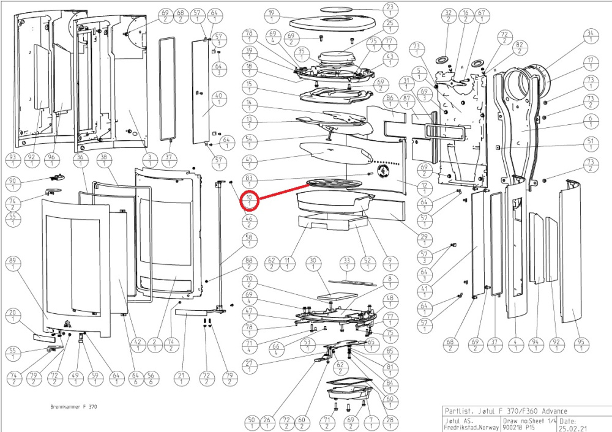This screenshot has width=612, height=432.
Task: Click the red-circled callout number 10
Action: pyautogui.click(x=250, y=200)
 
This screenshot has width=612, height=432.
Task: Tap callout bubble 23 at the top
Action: pyautogui.click(x=389, y=10)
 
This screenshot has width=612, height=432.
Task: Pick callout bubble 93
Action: pyautogui.click(x=12, y=161)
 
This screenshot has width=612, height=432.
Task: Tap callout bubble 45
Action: pyautogui.click(x=249, y=163)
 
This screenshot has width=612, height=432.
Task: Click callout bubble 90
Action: pyautogui.click(x=12, y=184)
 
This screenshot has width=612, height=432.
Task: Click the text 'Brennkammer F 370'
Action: pyautogui.click(x=73, y=407)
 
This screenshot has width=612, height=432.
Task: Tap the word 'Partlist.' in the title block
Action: pyautogui.click(x=458, y=411)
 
